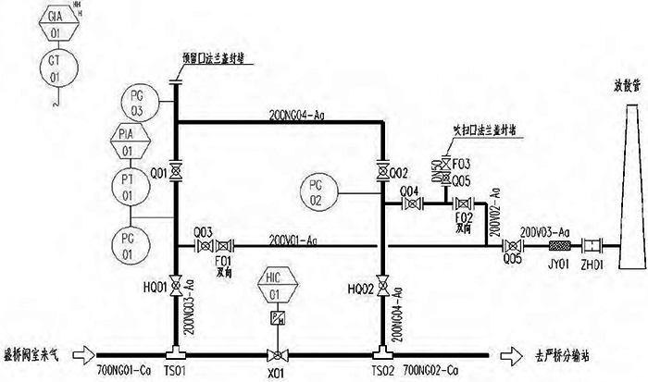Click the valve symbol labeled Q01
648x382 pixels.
[175, 172]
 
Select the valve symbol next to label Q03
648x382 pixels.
[203, 246]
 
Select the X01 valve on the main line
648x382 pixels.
[274, 353]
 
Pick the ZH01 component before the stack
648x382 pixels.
[590, 247]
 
